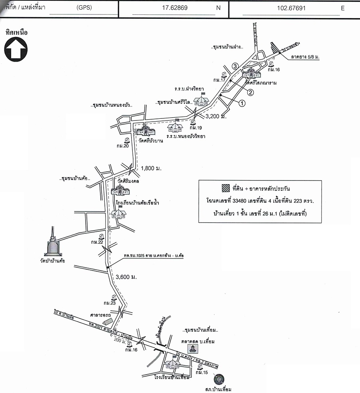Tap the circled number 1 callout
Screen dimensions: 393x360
(242, 103)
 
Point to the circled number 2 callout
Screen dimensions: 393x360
(250, 92)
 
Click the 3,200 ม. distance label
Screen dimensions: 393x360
(216, 117)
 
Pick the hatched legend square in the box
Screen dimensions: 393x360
(225, 188)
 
